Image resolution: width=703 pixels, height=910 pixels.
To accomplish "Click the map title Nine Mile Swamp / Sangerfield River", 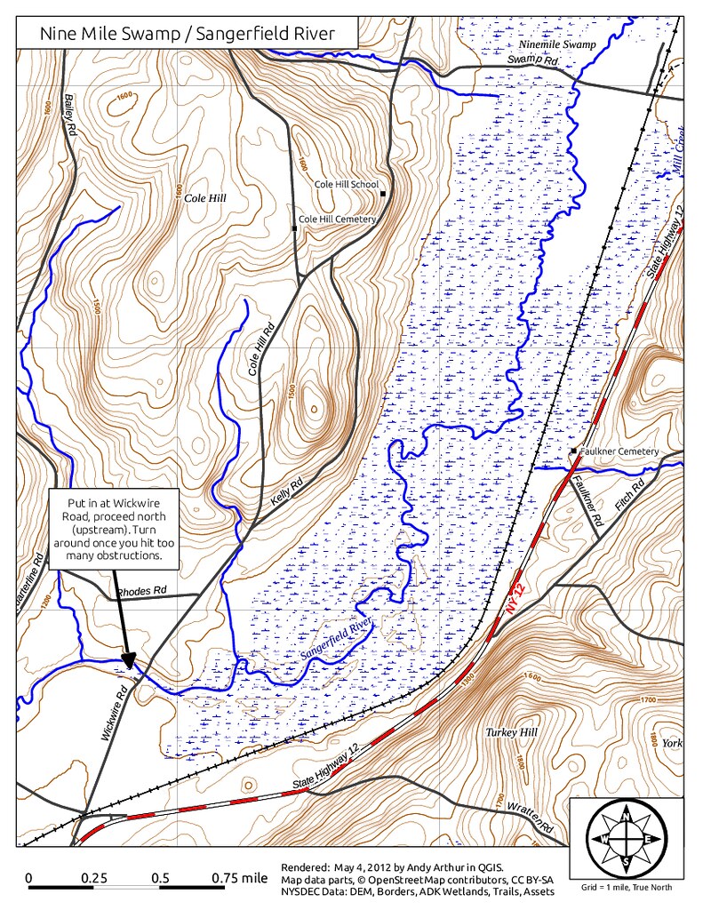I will (188, 35).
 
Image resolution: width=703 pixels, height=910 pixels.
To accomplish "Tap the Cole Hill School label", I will (346, 185).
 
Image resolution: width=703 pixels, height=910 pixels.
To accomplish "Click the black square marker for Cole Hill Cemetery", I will (294, 228).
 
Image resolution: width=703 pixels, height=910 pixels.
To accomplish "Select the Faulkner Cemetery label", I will (619, 451).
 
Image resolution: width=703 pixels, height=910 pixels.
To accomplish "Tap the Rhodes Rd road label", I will (141, 590).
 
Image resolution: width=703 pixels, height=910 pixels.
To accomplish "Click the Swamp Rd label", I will (532, 60).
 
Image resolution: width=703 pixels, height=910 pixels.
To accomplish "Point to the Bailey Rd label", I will (70, 114).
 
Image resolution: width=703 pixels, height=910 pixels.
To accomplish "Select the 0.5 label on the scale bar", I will (161, 878).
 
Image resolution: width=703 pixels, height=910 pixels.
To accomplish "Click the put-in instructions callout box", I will (113, 528).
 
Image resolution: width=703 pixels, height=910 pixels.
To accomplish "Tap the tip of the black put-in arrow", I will (129, 667).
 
